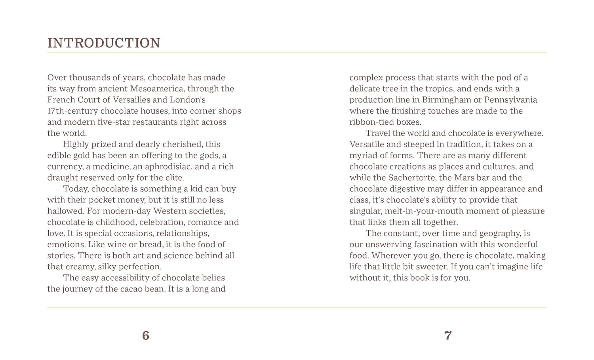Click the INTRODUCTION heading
104,43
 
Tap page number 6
146,335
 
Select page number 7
448,335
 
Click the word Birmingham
446,100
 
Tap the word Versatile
367,144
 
